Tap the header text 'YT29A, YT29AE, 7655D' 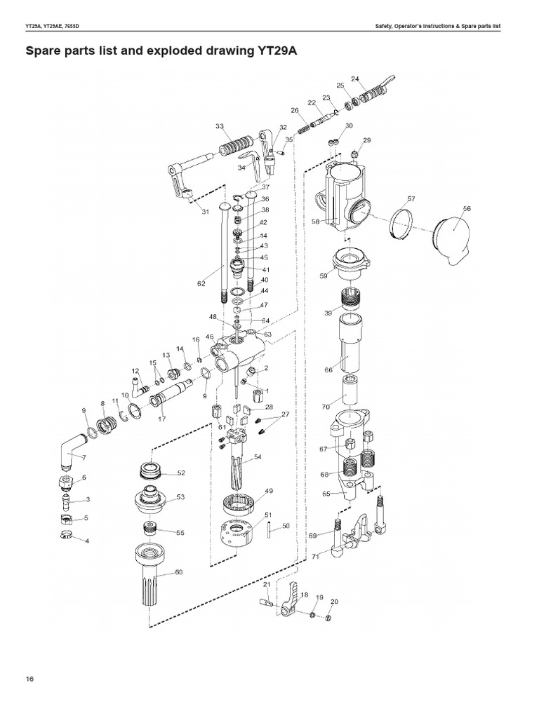(x=56, y=27)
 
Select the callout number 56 (x=467, y=209)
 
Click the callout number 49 (x=269, y=490)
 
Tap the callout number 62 (x=201, y=284)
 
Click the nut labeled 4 (x=66, y=538)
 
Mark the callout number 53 (x=181, y=496)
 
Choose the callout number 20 (x=334, y=602)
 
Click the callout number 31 (x=205, y=212)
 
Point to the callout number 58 (x=316, y=221)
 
